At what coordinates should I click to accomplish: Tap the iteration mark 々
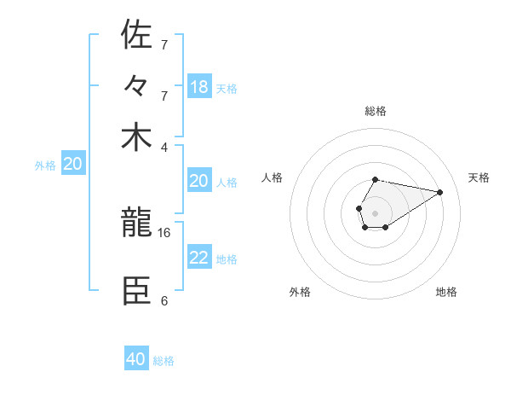136,86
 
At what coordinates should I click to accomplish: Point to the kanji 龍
136,224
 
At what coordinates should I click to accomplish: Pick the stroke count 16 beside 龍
164,232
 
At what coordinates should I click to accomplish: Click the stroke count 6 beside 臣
164,300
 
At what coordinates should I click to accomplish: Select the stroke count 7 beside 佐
164,44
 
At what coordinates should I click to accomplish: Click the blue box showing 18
199,86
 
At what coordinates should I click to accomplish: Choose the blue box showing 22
199,259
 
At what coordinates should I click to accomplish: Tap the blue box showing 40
136,359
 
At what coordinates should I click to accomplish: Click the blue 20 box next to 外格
73,165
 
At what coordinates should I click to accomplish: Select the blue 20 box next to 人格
199,181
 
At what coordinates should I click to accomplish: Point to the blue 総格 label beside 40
164,361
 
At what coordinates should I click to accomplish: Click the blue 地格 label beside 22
227,259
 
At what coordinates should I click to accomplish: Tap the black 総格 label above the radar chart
376,111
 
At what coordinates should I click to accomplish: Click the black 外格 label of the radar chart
300,292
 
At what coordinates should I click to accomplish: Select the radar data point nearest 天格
440,191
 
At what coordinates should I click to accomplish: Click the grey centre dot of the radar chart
375,212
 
